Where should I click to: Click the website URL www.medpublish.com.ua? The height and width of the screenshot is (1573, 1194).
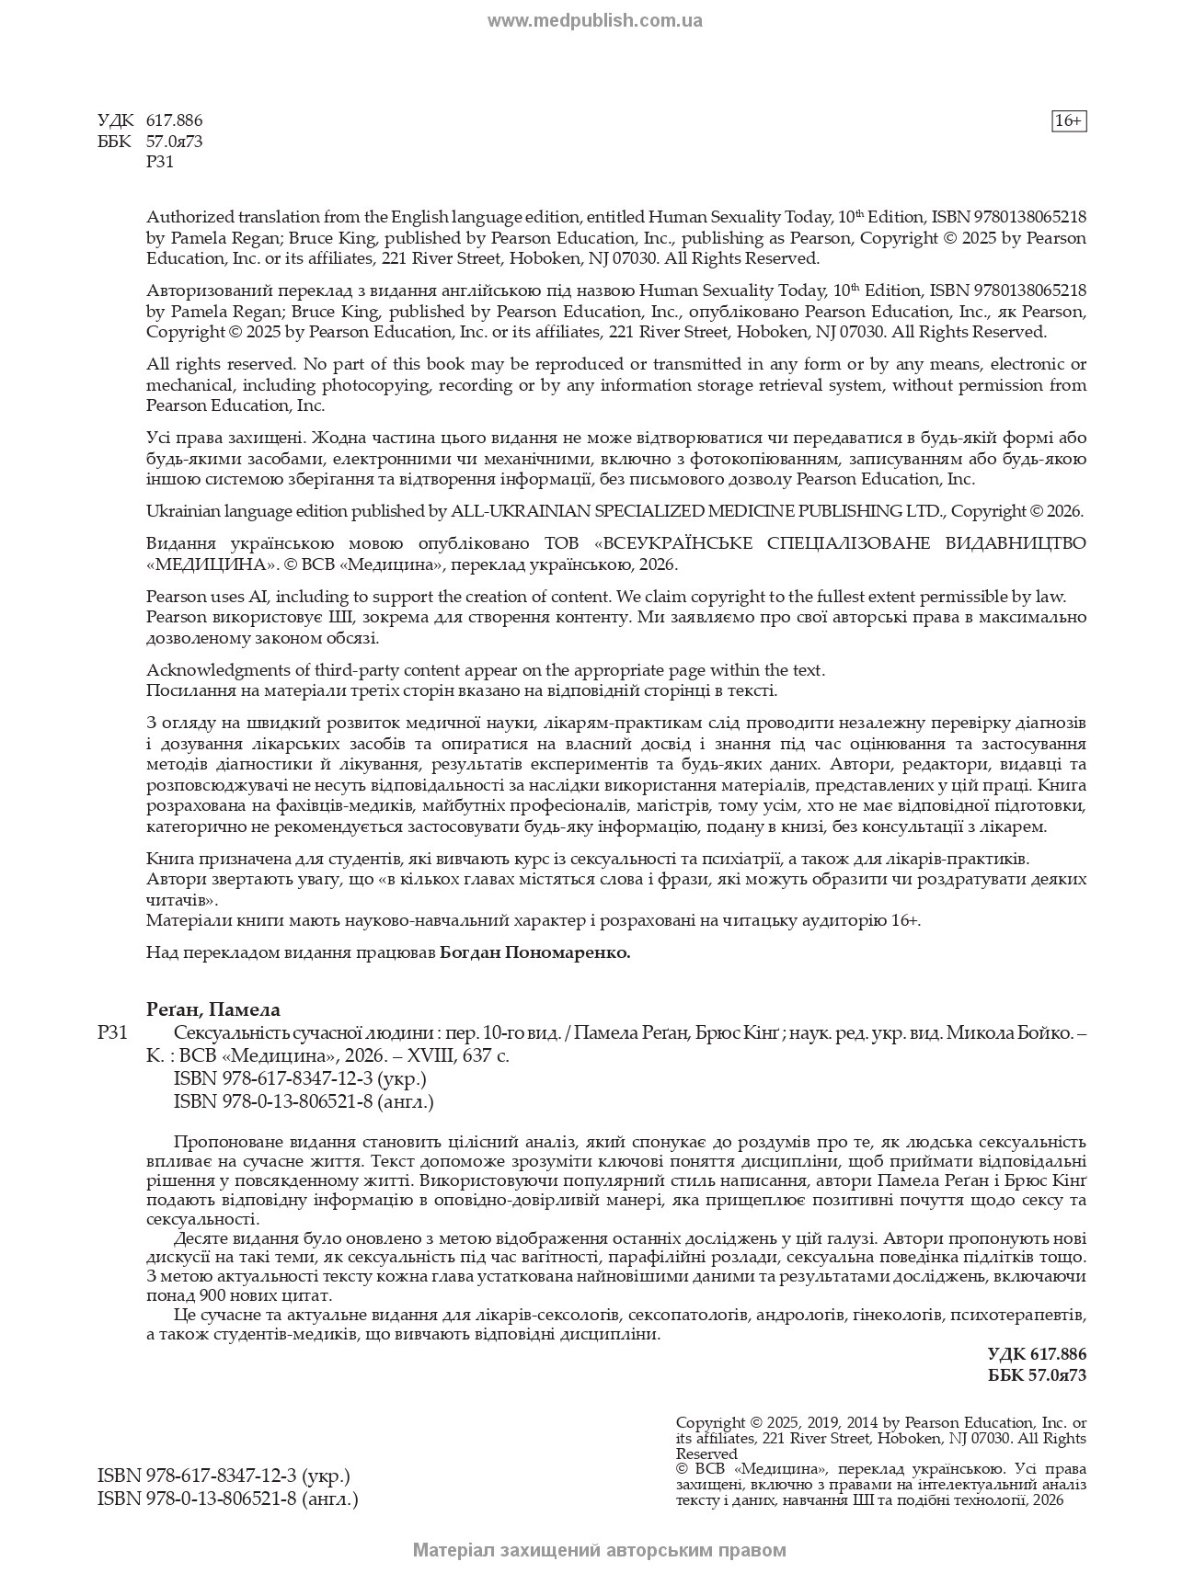click(x=594, y=20)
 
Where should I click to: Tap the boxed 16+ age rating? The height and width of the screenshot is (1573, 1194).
click(x=1068, y=120)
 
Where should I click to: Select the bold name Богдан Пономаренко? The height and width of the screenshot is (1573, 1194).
click(x=535, y=952)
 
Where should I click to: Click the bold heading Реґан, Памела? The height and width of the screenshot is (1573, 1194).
click(x=212, y=1009)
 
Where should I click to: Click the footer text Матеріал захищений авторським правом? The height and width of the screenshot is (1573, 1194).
click(x=599, y=1550)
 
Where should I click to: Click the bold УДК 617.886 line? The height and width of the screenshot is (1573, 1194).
click(x=1037, y=1354)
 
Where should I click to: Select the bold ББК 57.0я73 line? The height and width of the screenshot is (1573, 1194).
click(x=1037, y=1375)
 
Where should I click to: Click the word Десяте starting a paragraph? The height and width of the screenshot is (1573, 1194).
click(x=201, y=1237)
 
